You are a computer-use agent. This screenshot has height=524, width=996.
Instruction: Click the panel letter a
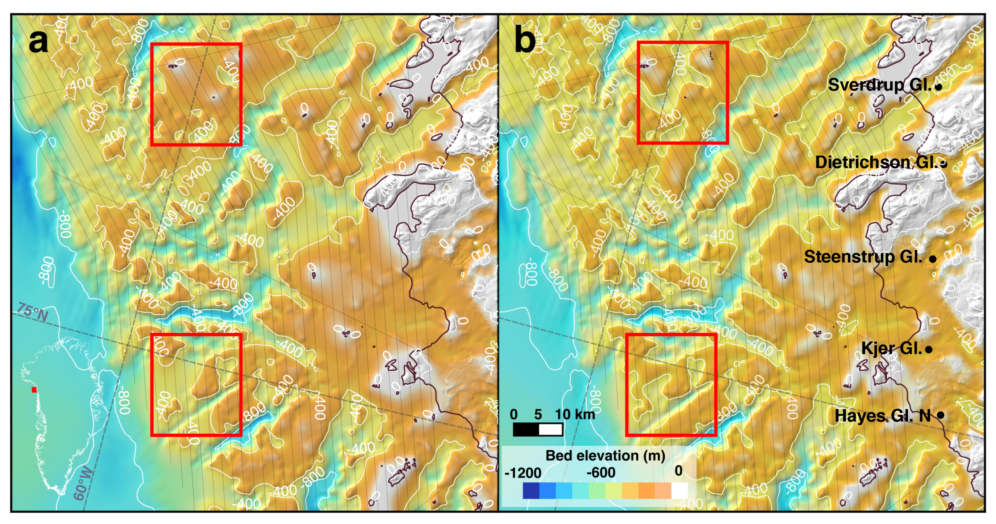pyautogui.click(x=38, y=41)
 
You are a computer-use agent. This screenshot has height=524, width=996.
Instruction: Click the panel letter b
pyautogui.click(x=524, y=40)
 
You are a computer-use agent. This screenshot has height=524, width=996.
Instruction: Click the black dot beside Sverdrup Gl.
pyautogui.click(x=938, y=86)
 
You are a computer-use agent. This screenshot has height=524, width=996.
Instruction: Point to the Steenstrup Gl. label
pyautogui.click(x=863, y=257)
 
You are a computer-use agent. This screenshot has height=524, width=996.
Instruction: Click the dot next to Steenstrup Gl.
pyautogui.click(x=932, y=259)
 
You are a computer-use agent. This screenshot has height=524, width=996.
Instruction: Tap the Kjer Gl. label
pyautogui.click(x=891, y=348)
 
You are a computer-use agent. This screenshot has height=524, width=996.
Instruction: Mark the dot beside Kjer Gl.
pyautogui.click(x=929, y=350)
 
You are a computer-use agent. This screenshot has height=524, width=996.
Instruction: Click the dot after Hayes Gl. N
pyautogui.click(x=941, y=415)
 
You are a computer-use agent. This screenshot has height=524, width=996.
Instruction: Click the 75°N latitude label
pyautogui.click(x=33, y=312)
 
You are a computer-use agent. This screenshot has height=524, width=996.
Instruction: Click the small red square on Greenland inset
pyautogui.click(x=34, y=390)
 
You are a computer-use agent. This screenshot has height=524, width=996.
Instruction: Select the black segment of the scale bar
pyautogui.click(x=526, y=430)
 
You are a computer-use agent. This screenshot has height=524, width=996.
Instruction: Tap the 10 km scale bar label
pyautogui.click(x=575, y=414)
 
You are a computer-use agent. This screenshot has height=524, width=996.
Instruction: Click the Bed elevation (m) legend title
pyautogui.click(x=605, y=456)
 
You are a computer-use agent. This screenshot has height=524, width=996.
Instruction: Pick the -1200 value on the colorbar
pyautogui.click(x=522, y=473)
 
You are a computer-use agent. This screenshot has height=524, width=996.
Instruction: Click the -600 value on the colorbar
pyautogui.click(x=601, y=472)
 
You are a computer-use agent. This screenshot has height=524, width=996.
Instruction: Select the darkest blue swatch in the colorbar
pyautogui.click(x=531, y=490)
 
